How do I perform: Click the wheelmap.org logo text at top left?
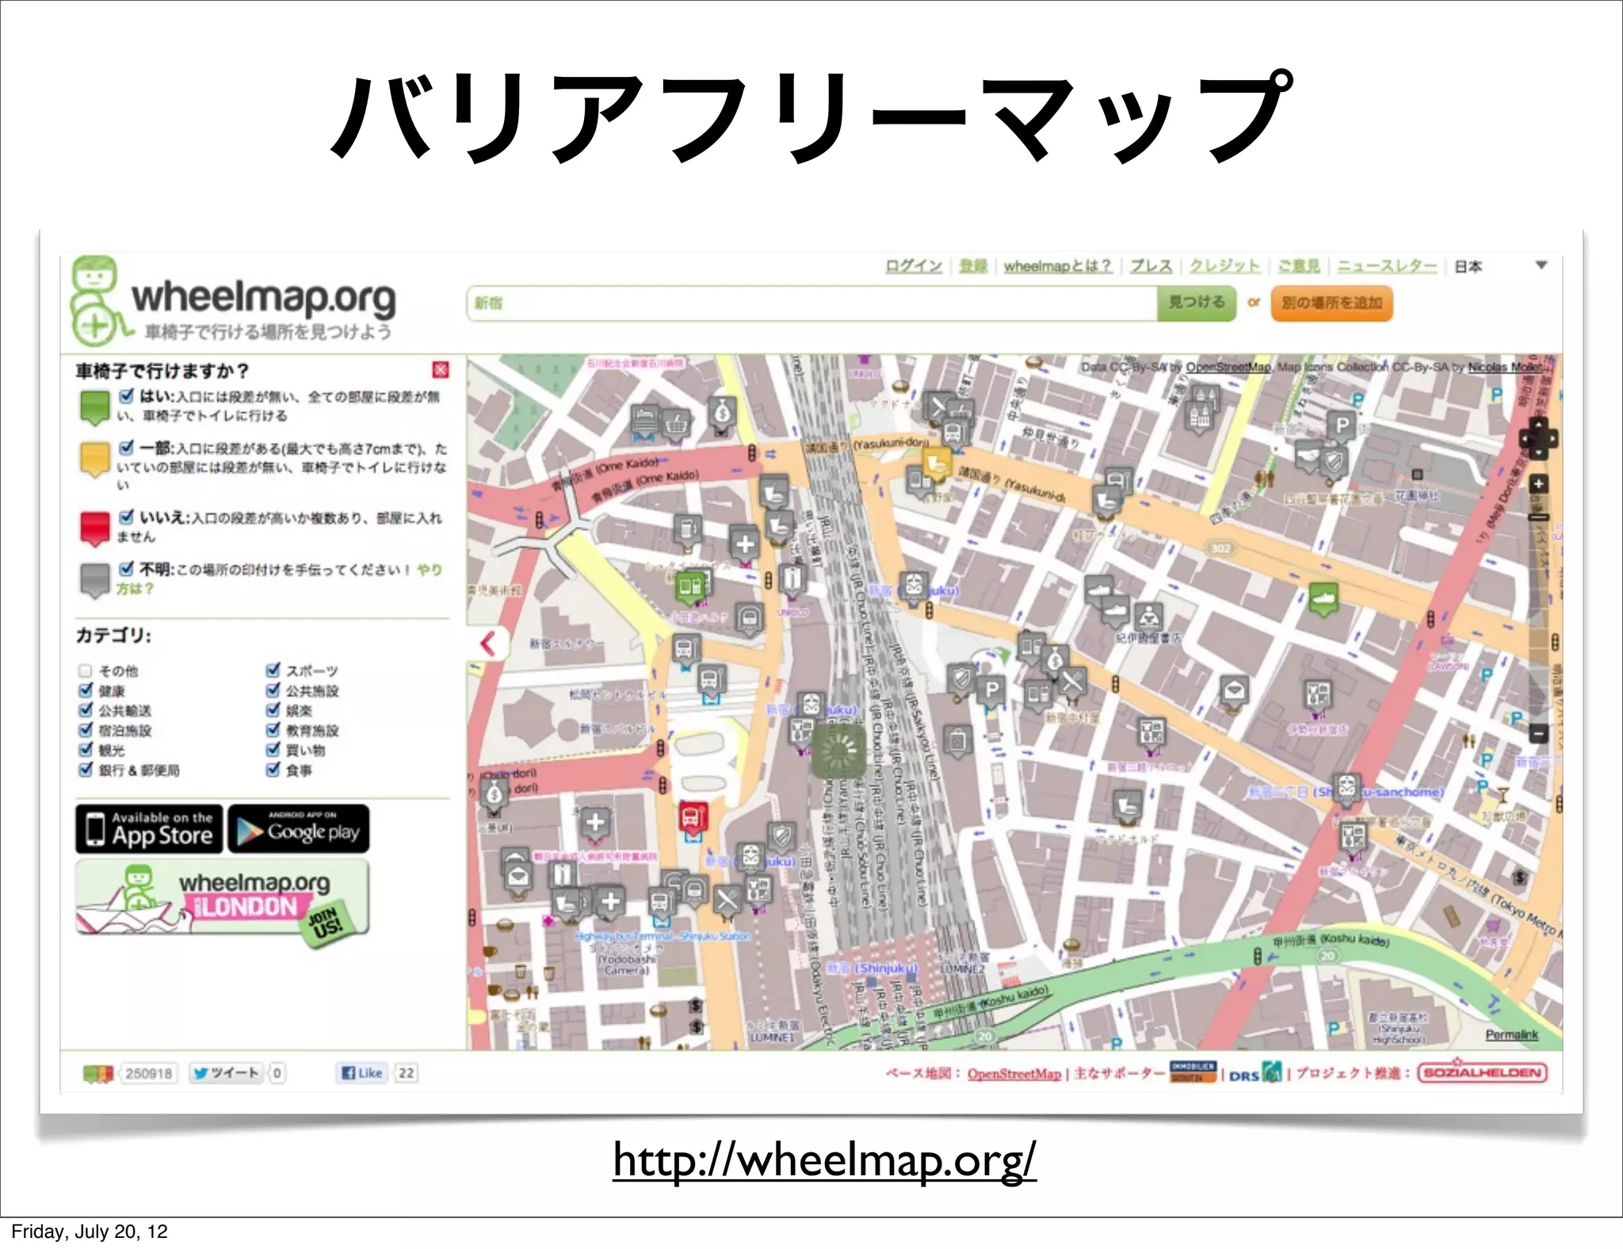[263, 299]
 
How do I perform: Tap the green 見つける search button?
[1196, 303]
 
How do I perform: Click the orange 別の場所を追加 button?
[1331, 303]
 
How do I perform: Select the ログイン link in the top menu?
[913, 266]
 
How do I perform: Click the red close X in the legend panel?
[441, 369]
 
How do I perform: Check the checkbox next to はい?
[126, 395]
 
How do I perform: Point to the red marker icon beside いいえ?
[94, 527]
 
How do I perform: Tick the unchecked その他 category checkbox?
[86, 670]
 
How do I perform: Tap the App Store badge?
[150, 829]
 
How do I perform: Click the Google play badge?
[299, 829]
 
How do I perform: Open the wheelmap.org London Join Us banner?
[223, 897]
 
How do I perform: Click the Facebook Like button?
[361, 1073]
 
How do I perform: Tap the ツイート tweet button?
[226, 1073]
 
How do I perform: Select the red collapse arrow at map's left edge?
[487, 643]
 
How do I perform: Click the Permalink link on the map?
[1511, 1034]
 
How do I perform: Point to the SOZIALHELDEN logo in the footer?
[1482, 1073]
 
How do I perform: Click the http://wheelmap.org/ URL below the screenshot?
[824, 1160]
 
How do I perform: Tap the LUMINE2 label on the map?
[962, 969]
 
